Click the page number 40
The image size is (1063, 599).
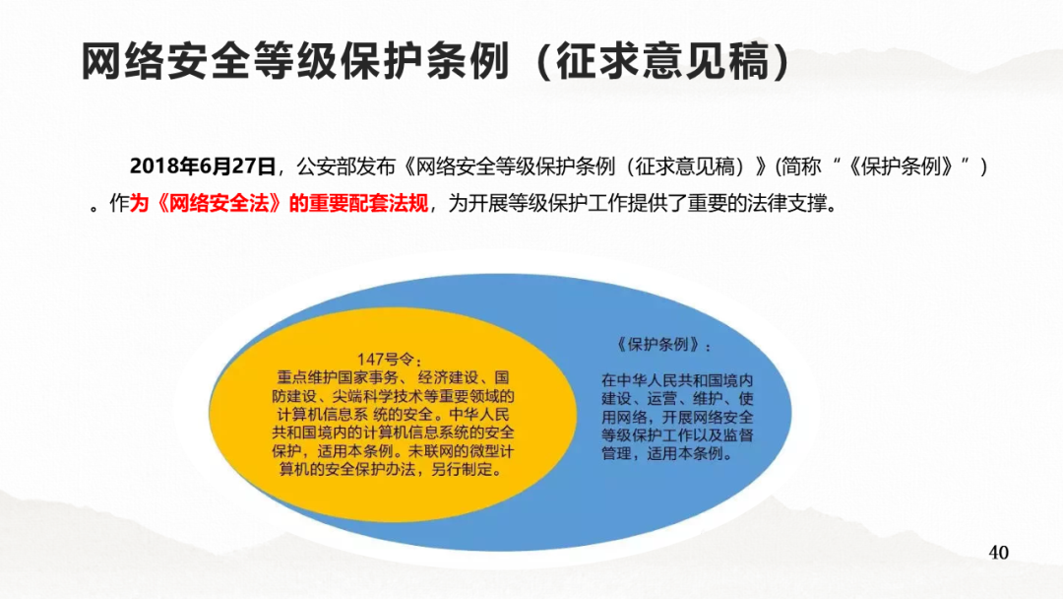[x=999, y=552]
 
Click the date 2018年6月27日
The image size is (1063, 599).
[x=203, y=166]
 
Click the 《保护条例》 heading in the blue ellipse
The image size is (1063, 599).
[x=657, y=345]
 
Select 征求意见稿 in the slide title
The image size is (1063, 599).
[x=663, y=62]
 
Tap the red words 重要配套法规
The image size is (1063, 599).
[x=368, y=203]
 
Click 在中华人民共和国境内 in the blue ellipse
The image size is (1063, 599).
[x=677, y=380]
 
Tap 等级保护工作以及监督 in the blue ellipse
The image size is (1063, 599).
[x=677, y=435]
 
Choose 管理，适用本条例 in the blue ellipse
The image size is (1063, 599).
[x=662, y=454]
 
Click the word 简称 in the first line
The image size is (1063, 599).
[x=800, y=166]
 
